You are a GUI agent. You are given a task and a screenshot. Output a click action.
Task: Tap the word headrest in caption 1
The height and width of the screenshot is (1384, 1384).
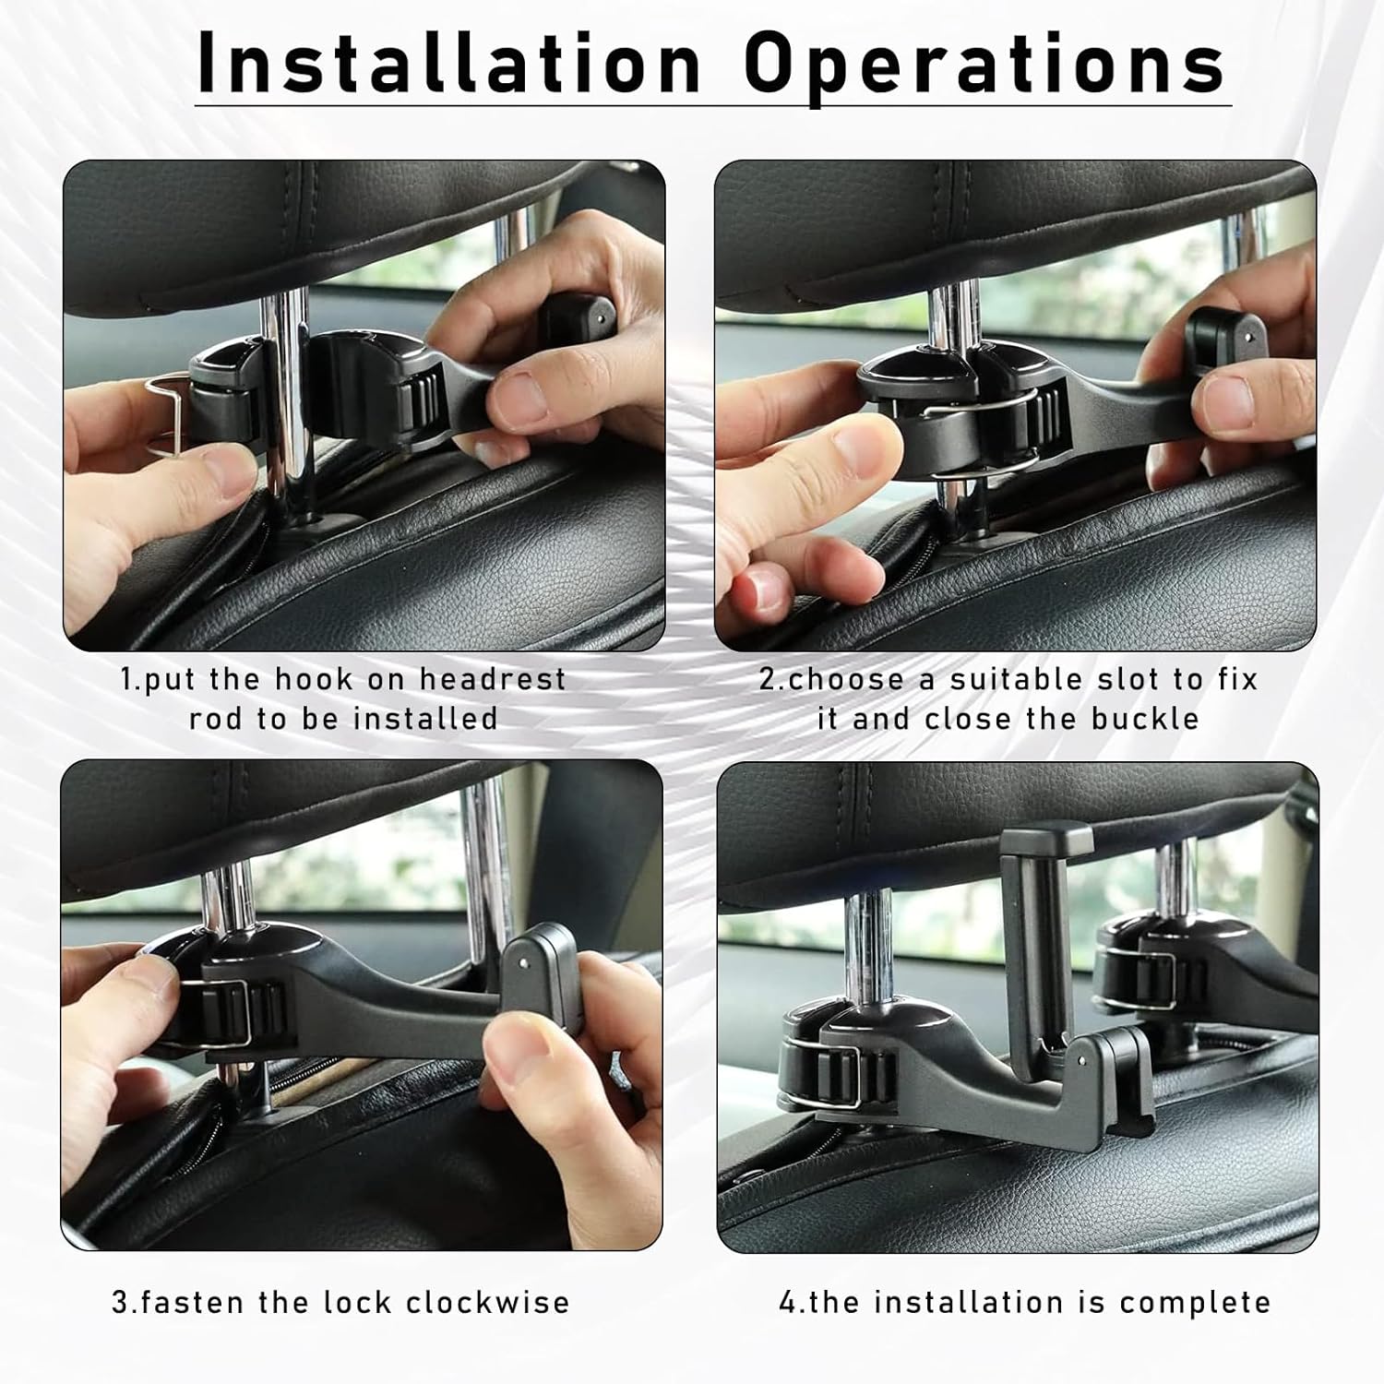[493, 680]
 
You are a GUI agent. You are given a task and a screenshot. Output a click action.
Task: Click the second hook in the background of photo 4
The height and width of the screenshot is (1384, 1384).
[1153, 969]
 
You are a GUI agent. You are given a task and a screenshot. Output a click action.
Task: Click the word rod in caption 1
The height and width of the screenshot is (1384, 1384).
[216, 719]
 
